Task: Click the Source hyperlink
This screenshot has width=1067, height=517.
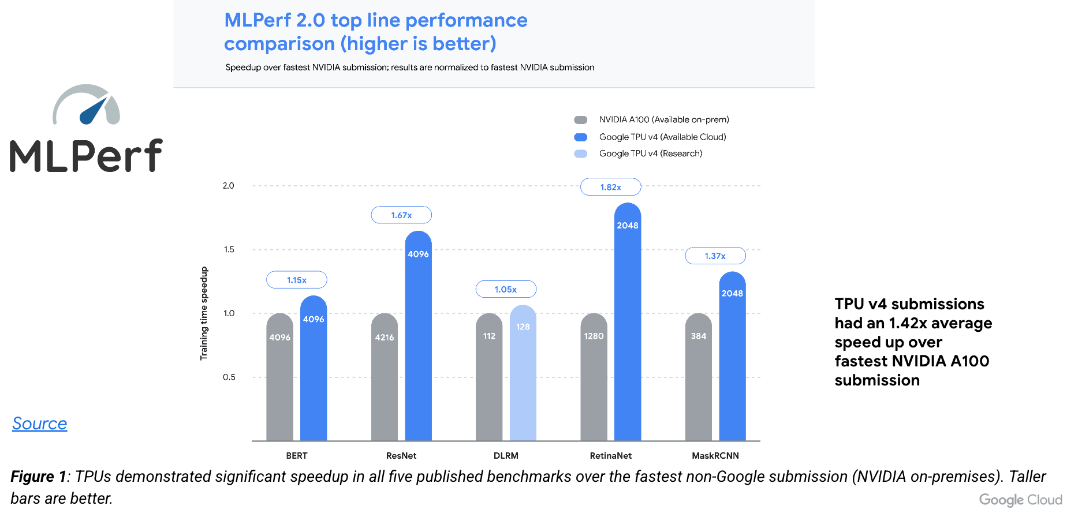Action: tap(39, 424)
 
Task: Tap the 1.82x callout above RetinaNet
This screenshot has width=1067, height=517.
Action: tap(610, 187)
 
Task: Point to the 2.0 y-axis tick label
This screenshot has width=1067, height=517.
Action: tap(228, 186)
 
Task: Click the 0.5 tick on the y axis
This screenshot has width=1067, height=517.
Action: tap(229, 377)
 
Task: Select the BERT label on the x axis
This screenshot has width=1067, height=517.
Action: tap(296, 456)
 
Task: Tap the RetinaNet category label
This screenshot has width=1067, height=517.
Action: tap(610, 456)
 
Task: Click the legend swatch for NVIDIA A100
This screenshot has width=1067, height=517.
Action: tap(580, 120)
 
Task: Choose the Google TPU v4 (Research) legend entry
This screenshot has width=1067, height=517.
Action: tap(650, 153)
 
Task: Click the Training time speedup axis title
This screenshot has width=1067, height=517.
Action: tap(204, 313)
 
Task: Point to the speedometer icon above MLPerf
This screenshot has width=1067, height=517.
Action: tap(87, 106)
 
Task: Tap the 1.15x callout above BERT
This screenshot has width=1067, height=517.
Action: tap(296, 280)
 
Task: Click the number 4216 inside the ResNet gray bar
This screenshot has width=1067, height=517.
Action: tap(384, 338)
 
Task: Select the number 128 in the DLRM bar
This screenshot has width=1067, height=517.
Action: tap(523, 327)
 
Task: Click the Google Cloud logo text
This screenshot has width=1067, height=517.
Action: tap(1020, 500)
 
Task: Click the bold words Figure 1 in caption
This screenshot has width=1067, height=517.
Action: tap(38, 477)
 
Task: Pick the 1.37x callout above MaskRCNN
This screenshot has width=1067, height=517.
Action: tap(715, 256)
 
